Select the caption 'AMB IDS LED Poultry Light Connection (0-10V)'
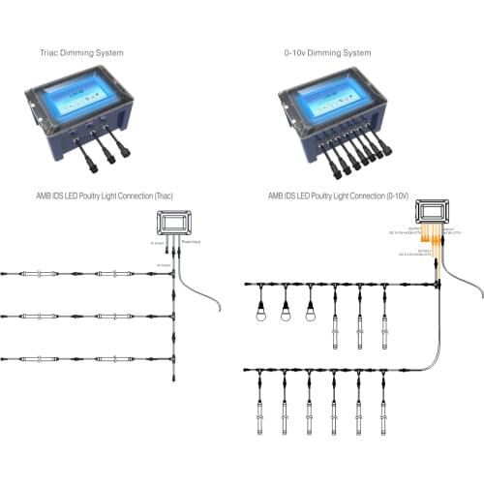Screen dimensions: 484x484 (x=338, y=196)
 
